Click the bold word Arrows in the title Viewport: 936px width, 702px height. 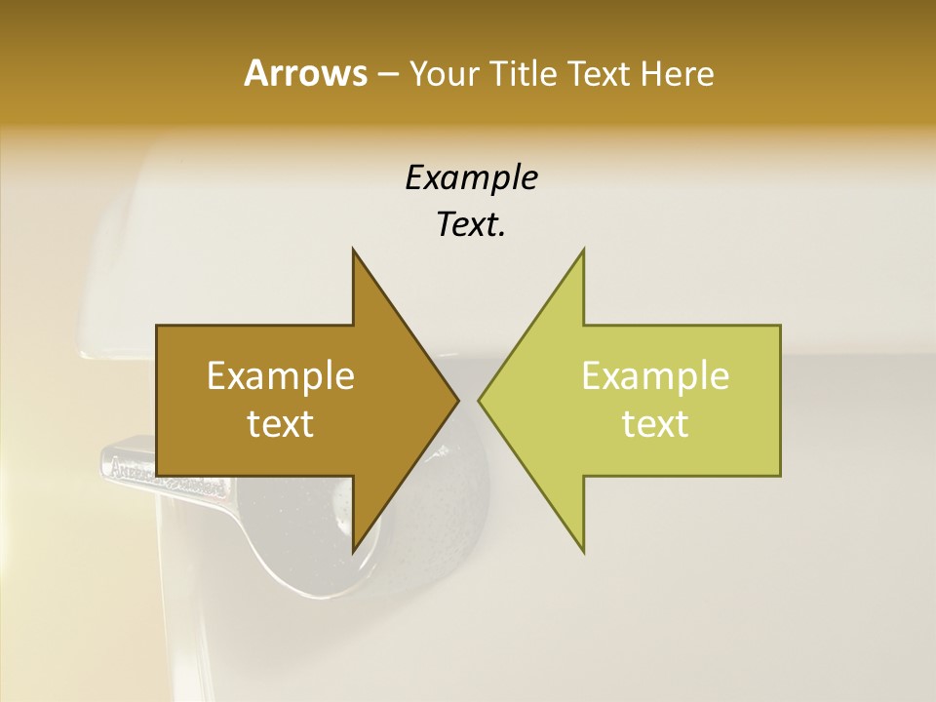point(304,73)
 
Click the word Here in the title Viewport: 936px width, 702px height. point(677,73)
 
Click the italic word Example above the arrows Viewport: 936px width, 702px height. point(471,177)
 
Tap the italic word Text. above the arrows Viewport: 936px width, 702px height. point(471,224)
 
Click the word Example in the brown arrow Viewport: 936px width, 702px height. point(281,375)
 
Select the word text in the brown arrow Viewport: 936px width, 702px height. point(281,423)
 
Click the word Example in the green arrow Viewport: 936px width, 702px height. point(655,375)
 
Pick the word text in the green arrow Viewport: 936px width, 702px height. point(655,423)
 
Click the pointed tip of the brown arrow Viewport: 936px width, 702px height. point(458,401)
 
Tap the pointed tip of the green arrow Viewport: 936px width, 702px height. point(479,401)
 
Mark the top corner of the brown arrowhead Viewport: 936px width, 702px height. point(353,250)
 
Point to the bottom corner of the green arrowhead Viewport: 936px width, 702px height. point(584,552)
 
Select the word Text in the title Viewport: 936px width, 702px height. point(598,73)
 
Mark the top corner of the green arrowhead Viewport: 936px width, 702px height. point(584,250)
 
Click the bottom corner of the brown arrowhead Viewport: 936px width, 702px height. point(353,552)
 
